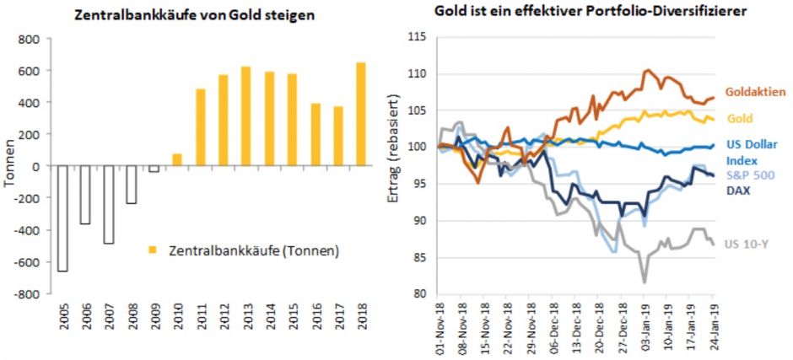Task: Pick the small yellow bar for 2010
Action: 177,160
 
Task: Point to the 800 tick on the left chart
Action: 30,39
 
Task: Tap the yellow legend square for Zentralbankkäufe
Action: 152,250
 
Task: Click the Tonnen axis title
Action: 9,167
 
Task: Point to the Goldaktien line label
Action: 754,92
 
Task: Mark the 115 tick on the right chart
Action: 418,37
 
